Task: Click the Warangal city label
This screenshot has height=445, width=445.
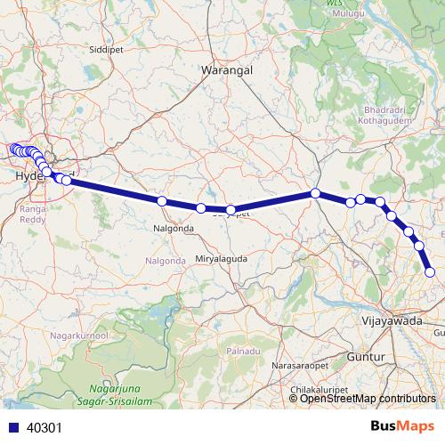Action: pos(228,69)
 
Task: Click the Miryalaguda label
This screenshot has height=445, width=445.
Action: pos(221,258)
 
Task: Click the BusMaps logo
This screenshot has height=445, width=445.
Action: pos(402,426)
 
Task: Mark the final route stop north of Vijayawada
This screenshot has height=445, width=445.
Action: pos(430,272)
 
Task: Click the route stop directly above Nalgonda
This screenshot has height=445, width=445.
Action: pos(162,201)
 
